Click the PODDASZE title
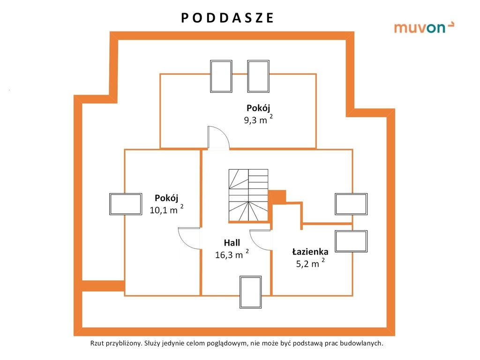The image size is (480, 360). [x=227, y=18]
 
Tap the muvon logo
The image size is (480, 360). [x=424, y=27]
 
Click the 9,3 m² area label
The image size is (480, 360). [x=258, y=119]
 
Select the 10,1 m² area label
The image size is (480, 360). [x=166, y=209]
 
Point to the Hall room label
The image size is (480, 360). [x=232, y=243]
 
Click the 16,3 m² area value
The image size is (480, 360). [x=232, y=254]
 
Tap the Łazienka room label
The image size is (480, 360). [x=310, y=252]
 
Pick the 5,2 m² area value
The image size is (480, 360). [x=310, y=263]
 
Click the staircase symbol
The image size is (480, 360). [x=248, y=195]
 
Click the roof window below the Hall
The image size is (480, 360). [x=250, y=292]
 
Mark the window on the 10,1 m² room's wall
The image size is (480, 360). [x=126, y=204]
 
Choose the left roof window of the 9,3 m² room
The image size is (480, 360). [x=221, y=76]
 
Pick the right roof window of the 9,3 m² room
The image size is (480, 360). [x=258, y=76]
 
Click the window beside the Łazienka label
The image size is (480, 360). [x=351, y=241]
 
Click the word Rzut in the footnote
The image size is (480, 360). [x=97, y=343]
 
